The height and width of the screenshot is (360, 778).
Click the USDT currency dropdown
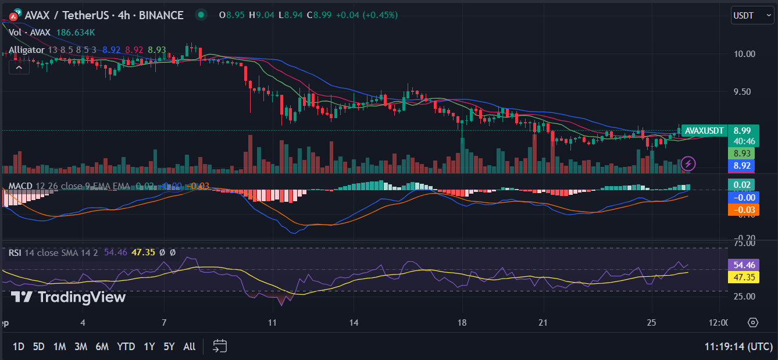coord(752,15)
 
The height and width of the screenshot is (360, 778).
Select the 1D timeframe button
coord(18,347)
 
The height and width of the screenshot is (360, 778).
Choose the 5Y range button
coord(169,347)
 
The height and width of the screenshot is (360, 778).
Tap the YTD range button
coord(126,347)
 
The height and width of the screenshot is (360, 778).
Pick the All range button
coord(189,347)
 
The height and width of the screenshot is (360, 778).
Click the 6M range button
coord(102,347)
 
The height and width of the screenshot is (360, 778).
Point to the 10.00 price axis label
coord(744,54)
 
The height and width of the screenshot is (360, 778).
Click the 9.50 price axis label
coord(744,91)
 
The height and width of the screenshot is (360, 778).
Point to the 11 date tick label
coord(272,323)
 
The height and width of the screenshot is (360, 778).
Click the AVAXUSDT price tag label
coord(704,131)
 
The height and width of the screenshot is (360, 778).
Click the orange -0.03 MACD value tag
coord(743,210)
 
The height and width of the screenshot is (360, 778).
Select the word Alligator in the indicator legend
coord(26,50)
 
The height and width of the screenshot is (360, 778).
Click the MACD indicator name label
coord(20,186)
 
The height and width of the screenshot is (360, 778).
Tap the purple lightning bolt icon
coord(688,163)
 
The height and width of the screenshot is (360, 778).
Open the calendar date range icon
coord(219,347)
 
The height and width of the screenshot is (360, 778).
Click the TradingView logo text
coord(69,297)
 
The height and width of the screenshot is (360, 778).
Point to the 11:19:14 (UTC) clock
coord(738,347)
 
